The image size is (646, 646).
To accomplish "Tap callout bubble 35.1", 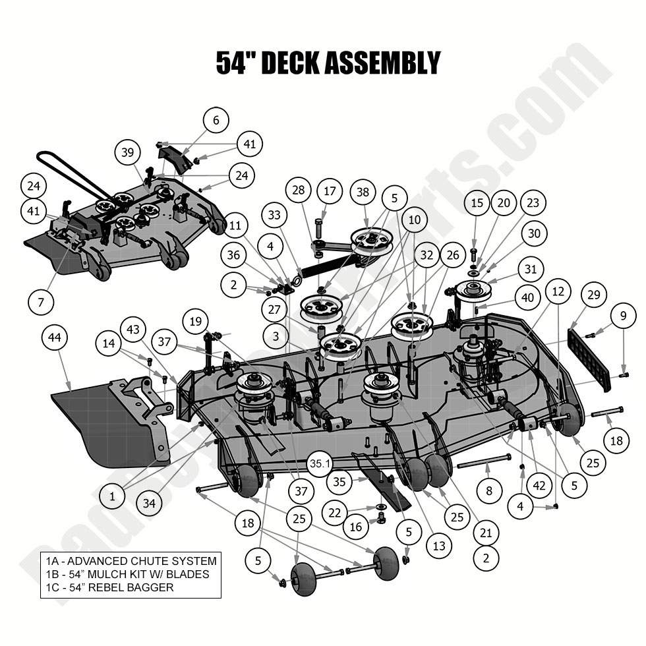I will click(320, 464).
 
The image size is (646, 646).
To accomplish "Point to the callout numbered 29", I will click(594, 295).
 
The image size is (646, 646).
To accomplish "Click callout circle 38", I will click(363, 192).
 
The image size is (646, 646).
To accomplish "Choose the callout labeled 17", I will click(330, 192).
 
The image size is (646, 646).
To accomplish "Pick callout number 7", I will click(41, 302).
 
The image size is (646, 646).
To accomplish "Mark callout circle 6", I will click(216, 120).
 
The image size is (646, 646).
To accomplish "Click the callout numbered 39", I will click(127, 152).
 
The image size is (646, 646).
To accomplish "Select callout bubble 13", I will click(439, 545).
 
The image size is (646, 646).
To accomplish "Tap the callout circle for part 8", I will click(488, 490).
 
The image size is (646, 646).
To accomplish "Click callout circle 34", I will click(150, 504).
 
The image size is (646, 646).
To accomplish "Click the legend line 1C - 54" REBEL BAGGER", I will click(110, 587).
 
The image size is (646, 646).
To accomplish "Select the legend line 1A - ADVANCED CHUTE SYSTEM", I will click(131, 561).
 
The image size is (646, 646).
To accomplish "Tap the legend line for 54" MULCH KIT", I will click(127, 574).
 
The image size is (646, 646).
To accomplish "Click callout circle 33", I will click(274, 215).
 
